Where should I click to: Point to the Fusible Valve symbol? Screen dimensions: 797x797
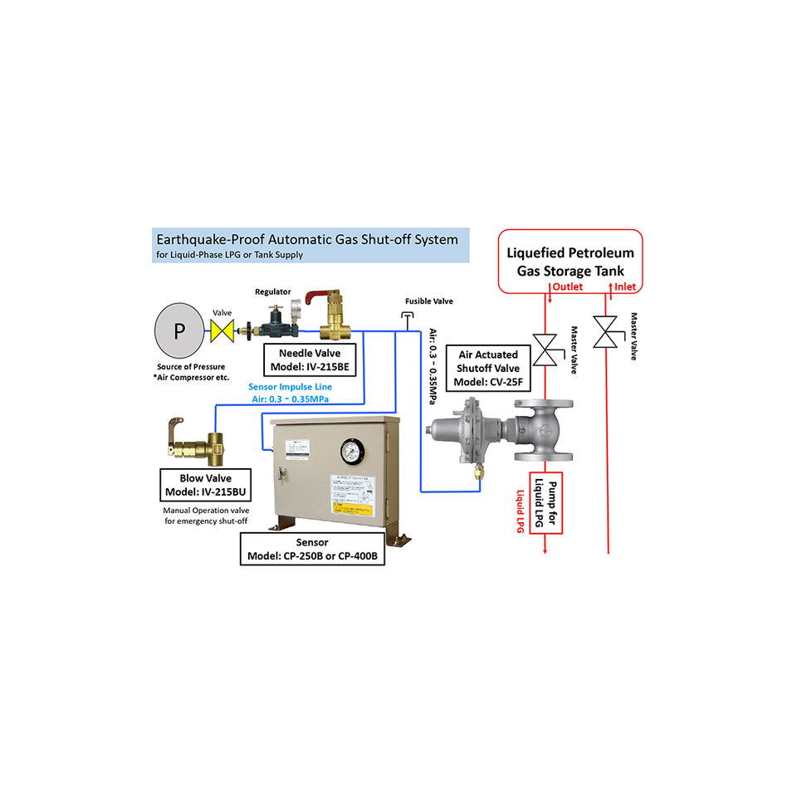point(407,316)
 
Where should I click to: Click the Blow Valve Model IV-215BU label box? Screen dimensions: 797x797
point(205,485)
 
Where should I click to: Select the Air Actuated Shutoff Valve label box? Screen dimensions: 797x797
point(489,369)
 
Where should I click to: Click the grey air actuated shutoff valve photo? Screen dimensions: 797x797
point(497,432)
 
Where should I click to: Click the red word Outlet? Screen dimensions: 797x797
point(568,287)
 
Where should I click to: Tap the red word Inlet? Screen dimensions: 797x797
point(623,287)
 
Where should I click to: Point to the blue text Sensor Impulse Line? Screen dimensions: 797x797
point(290,386)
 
